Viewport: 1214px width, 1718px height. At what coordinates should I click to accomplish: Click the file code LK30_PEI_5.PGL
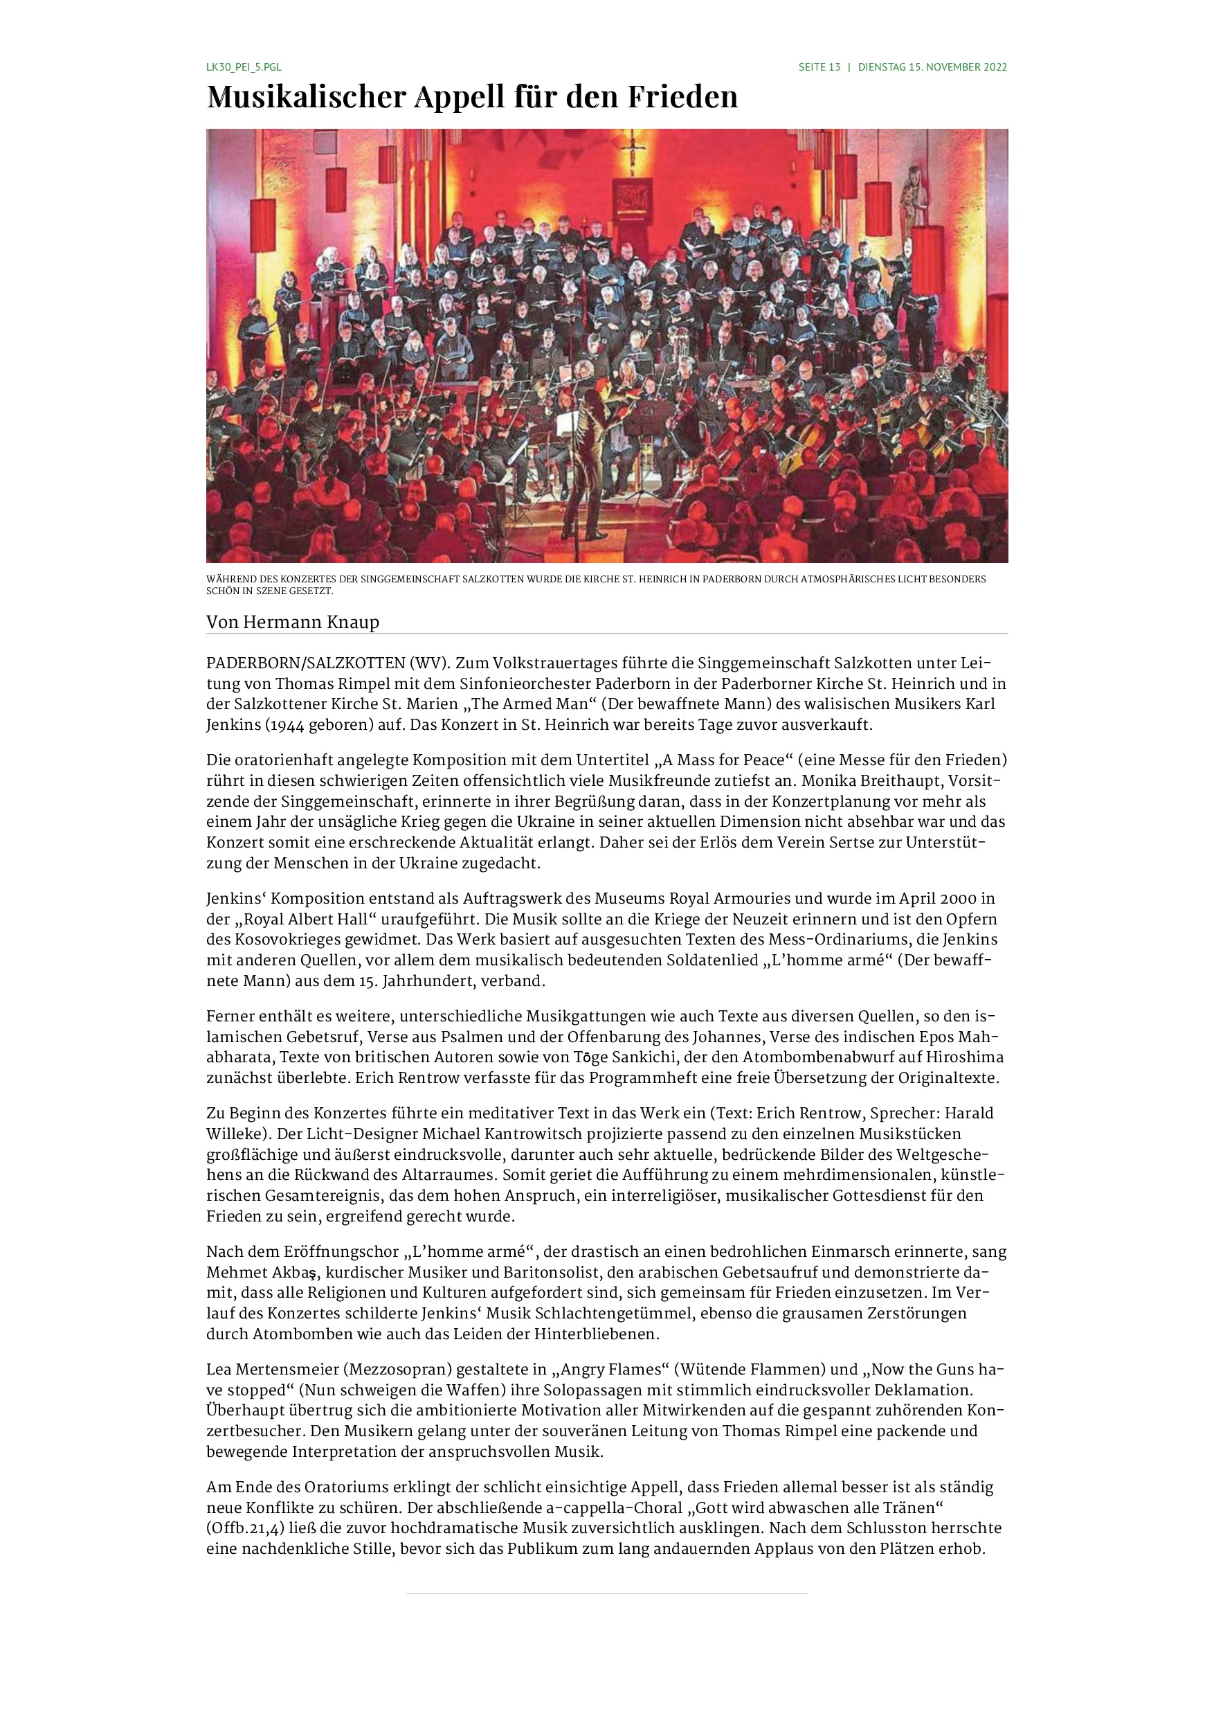pos(244,67)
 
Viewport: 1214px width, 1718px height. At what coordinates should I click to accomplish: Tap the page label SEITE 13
pos(819,67)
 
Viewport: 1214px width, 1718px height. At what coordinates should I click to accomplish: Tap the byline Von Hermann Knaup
pos(293,623)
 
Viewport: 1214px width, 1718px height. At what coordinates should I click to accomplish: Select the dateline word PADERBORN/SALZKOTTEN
pos(305,663)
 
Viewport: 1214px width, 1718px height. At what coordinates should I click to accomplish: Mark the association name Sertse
pos(878,843)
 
